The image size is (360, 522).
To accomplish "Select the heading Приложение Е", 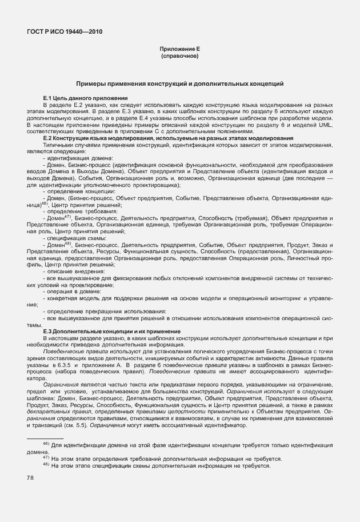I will (x=179, y=50).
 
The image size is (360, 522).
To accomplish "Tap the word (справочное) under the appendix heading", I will (x=179, y=57).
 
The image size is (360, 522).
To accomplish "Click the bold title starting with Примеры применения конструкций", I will (x=179, y=83).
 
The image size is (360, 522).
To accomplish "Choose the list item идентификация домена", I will (x=80, y=158).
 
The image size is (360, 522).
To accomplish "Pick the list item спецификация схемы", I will (x=79, y=237).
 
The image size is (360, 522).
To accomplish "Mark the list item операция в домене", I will (x=77, y=290).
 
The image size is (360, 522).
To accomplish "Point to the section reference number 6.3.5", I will (x=64, y=364).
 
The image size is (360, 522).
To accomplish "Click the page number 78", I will (x=30, y=478).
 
